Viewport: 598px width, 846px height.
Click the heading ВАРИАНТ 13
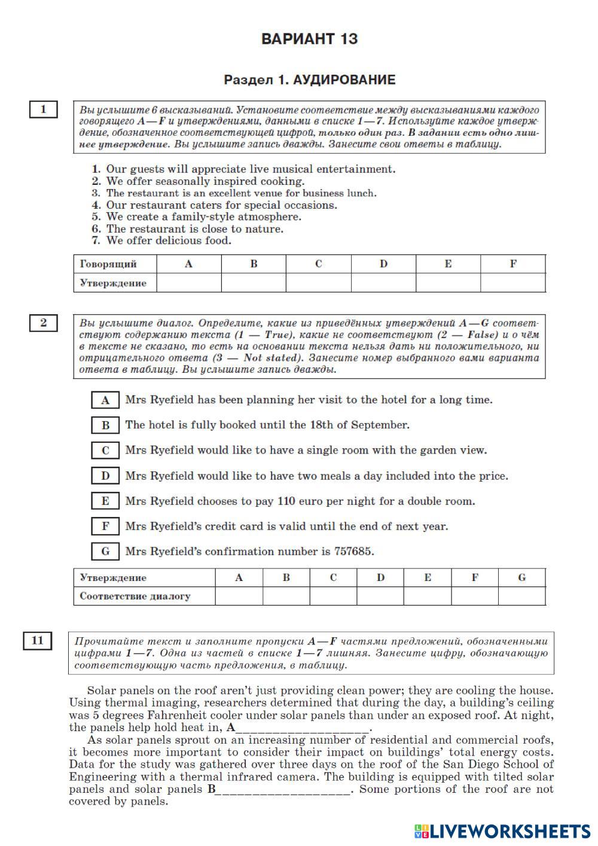309,39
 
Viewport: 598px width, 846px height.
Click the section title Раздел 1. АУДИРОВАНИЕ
309,80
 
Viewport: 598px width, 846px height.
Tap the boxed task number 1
43,109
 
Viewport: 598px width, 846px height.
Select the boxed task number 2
43,322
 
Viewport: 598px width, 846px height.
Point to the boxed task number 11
38,641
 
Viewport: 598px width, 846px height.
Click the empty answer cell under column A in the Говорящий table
189,283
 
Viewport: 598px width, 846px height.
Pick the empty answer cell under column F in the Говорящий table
513,283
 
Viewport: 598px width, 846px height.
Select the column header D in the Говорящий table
383,264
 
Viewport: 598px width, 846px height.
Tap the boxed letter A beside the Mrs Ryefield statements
106,400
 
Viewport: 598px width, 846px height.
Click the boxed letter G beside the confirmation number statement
106,552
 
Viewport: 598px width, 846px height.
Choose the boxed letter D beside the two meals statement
106,476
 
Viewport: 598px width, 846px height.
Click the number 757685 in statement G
353,552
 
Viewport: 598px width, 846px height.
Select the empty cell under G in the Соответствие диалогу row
521,596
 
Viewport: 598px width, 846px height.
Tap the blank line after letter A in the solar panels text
303,729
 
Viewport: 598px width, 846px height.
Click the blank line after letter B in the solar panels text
283,790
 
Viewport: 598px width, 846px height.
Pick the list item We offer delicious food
168,241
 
